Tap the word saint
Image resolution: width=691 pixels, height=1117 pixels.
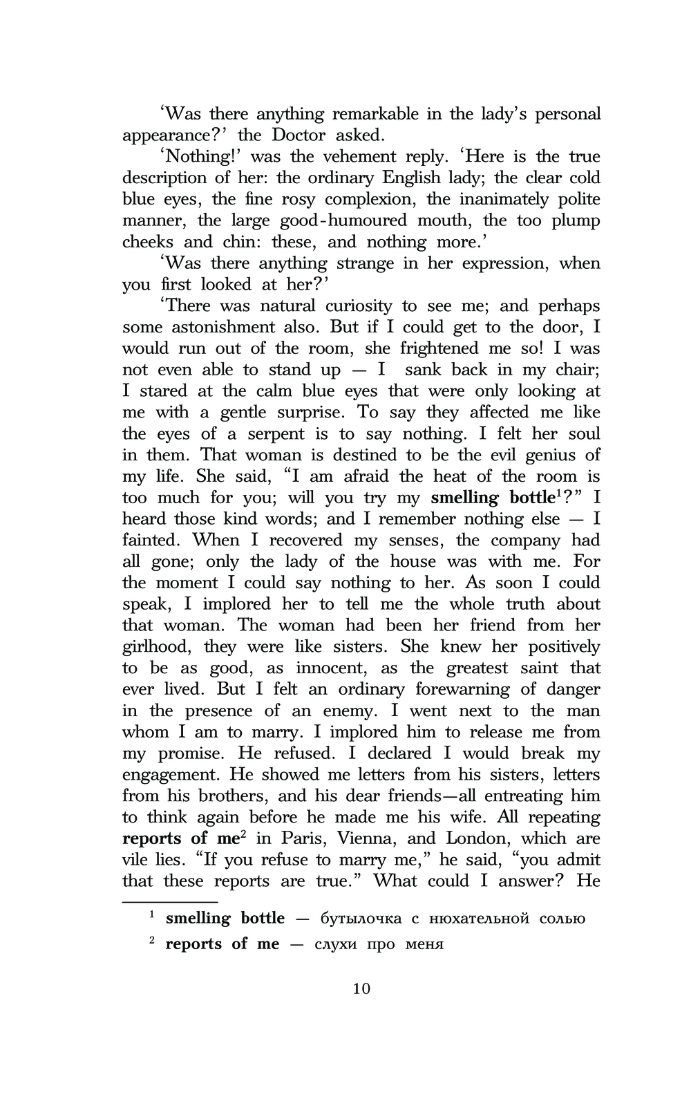(538, 668)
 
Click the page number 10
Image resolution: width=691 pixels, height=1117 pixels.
(361, 988)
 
